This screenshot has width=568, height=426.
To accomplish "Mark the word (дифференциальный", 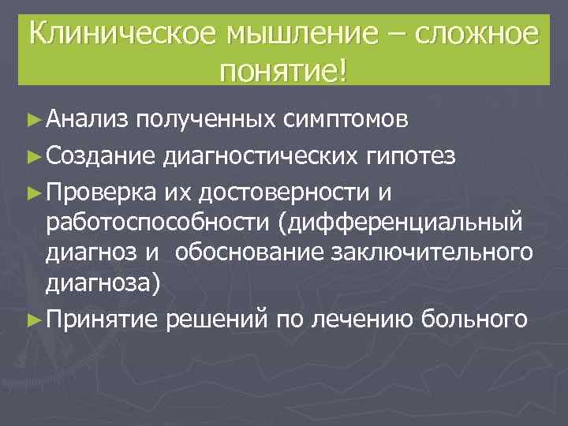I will pyautogui.click(x=398, y=222).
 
